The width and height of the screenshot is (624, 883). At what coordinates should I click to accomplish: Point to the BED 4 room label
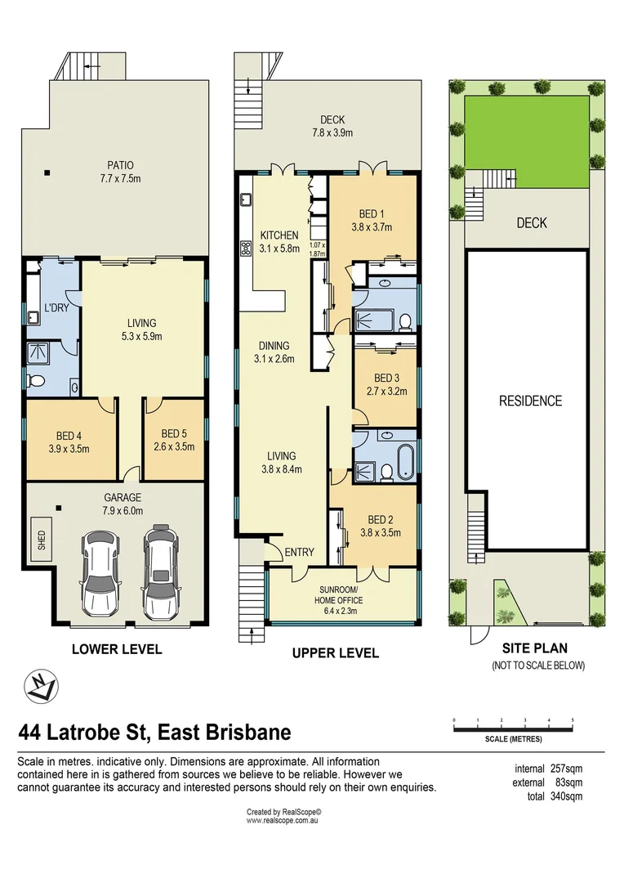coord(69,441)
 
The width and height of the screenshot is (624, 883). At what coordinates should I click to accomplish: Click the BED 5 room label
coord(173,440)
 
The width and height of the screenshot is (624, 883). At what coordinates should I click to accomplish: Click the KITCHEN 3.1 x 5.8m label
coord(279,241)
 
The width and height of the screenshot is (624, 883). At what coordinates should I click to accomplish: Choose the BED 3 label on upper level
coord(386,384)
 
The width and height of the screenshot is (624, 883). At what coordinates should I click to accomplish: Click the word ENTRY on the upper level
coord(299,553)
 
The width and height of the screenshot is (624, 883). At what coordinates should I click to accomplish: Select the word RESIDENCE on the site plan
coord(530,401)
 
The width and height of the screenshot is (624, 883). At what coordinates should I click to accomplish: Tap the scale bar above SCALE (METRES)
coord(513,724)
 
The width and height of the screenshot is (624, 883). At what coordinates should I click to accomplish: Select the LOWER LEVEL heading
coord(117,650)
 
